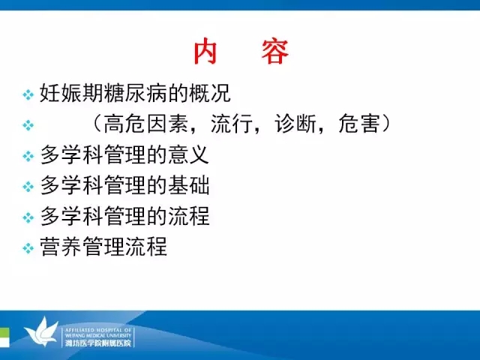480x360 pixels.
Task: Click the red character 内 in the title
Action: coord(205,52)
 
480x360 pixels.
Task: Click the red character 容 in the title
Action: coord(275,52)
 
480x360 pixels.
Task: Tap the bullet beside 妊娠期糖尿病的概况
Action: coord(28,94)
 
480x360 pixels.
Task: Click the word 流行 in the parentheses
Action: coord(232,124)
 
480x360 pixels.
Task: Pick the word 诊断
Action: coord(295,124)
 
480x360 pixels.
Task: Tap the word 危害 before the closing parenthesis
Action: coord(359,124)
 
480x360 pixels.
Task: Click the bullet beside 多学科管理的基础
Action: coord(28,187)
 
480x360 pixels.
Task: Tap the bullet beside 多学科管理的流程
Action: coord(28,217)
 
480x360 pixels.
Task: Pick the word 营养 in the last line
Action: coord(61,247)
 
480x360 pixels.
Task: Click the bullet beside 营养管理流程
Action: coord(28,248)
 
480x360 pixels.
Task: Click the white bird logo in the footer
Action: coord(41,331)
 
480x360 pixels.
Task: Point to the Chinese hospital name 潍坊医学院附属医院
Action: coord(98,343)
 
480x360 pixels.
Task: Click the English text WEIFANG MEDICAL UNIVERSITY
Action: coord(98,335)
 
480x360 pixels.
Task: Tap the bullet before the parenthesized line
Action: coord(28,125)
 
